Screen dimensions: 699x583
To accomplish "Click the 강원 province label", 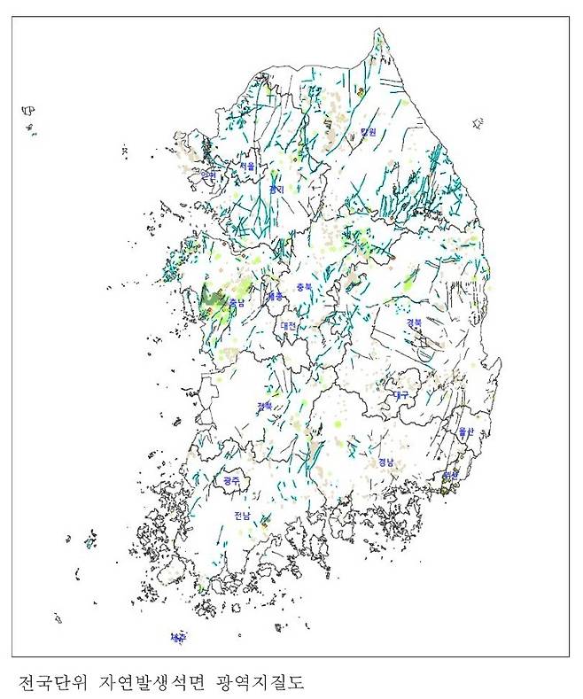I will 368,132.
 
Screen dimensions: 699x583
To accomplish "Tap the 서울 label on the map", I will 246,166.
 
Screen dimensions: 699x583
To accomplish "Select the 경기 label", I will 276,189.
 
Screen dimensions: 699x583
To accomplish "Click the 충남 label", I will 237,303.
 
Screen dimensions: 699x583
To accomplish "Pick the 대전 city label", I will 288,325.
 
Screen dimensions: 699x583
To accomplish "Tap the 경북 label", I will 414,323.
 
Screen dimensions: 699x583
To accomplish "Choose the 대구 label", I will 400,394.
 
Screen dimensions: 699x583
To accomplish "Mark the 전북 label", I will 264,406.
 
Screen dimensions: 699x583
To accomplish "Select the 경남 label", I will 385,462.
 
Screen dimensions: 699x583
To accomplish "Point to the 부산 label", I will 450,476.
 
